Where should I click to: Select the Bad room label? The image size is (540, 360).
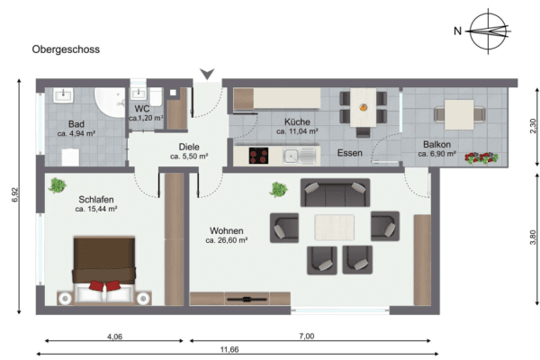tap(76, 127)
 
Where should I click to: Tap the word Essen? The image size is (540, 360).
tap(349, 153)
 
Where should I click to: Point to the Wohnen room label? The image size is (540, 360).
tap(226, 234)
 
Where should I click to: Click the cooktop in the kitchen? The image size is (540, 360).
tap(258, 157)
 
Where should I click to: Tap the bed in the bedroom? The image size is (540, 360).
tap(102, 271)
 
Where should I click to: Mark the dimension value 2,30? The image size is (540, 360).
tap(533, 127)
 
